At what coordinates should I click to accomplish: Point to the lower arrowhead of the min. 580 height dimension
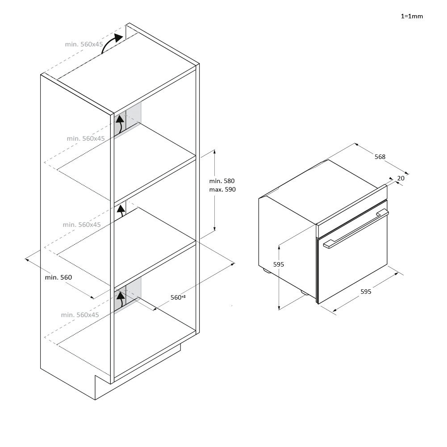click(x=215, y=230)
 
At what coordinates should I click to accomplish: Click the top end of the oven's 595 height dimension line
click(x=279, y=246)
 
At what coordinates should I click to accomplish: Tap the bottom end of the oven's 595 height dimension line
click(x=279, y=309)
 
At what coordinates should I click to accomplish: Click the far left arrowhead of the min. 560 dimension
click(x=25, y=259)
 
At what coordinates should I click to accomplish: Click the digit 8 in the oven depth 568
click(x=384, y=157)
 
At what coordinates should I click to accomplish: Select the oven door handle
click(x=356, y=229)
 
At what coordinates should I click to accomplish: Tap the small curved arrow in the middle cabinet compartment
click(x=121, y=210)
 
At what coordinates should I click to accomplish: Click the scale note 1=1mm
click(x=412, y=16)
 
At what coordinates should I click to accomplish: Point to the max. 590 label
click(x=222, y=190)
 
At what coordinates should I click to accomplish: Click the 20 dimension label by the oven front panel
click(x=401, y=178)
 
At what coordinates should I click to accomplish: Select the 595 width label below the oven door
click(x=366, y=292)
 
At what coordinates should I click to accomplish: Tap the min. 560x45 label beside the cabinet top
click(x=84, y=44)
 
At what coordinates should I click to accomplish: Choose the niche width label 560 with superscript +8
click(x=178, y=297)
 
